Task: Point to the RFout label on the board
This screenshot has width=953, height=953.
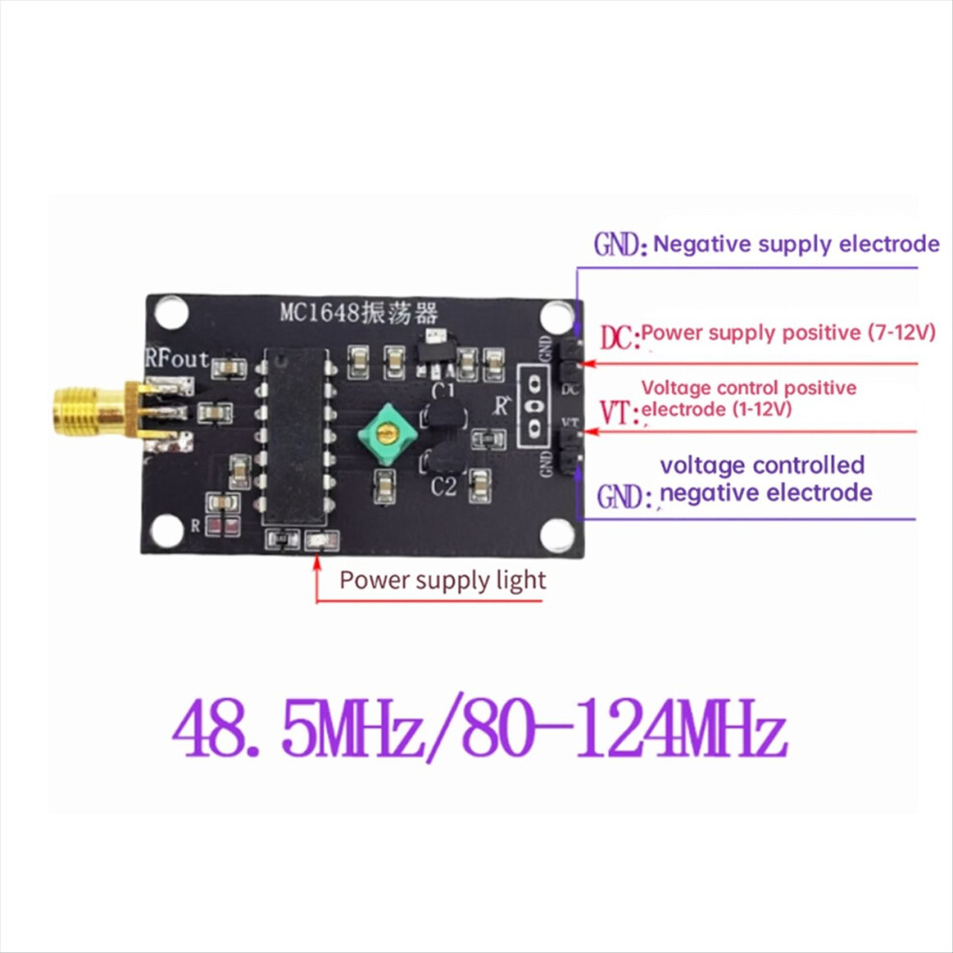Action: coord(176,358)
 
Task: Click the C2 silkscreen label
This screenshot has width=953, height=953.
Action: coord(443,488)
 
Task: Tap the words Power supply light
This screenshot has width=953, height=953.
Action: coord(442,580)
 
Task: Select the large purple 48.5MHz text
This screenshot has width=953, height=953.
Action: coord(298,734)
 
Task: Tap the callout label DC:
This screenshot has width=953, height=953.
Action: coord(618,338)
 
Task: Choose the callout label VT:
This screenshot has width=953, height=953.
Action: coord(617,414)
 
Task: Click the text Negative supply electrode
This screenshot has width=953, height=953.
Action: coord(796,244)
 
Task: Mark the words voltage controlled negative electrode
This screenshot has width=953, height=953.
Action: coord(765,478)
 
